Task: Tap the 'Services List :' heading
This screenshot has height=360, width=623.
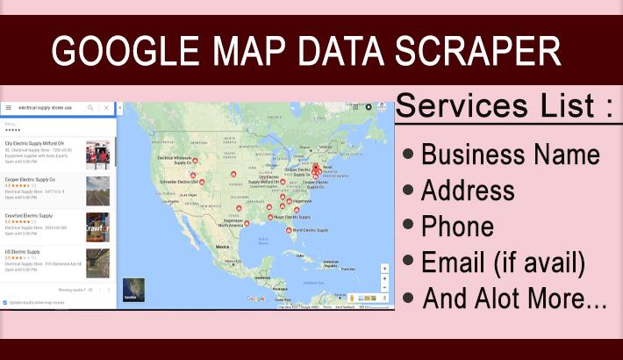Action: click(503, 107)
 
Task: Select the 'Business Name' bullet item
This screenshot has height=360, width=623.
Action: click(510, 155)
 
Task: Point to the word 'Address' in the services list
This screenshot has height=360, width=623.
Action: click(468, 190)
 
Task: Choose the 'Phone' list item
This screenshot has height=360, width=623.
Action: click(457, 226)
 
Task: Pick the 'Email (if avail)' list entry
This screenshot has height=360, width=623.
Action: click(503, 262)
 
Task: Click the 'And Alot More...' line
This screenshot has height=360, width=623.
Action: click(514, 298)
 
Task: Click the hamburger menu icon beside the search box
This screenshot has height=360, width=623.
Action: click(8, 108)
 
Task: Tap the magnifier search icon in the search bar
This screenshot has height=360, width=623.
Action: click(90, 108)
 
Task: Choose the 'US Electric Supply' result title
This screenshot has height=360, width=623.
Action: click(22, 251)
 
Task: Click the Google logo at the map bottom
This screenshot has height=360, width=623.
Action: click(255, 299)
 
